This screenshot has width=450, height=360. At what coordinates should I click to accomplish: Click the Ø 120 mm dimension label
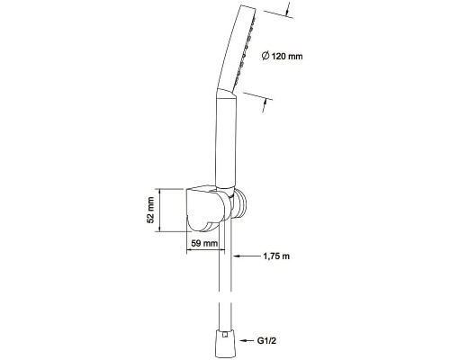282,56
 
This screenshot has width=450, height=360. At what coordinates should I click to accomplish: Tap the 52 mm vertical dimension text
150,210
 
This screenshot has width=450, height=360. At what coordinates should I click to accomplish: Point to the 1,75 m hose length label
276,256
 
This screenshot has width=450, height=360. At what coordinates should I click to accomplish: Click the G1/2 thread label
266,341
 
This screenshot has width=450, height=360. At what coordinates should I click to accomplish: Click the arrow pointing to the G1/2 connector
247,341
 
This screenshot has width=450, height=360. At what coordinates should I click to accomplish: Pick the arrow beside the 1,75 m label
246,256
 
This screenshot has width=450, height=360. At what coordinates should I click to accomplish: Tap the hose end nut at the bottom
225,344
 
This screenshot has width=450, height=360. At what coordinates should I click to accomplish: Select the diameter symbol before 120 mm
265,56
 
